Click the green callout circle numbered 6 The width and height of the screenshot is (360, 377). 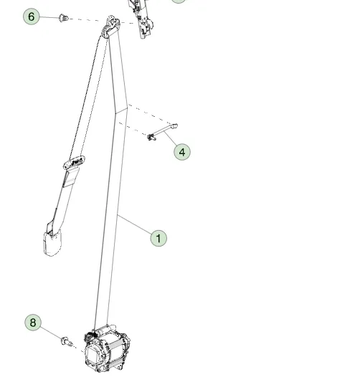click(x=32, y=16)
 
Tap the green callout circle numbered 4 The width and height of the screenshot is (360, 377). click(x=182, y=152)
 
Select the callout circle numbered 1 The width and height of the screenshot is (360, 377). click(x=158, y=238)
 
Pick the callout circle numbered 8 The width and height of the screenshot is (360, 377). click(x=33, y=323)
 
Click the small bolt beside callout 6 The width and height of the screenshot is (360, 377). click(x=64, y=18)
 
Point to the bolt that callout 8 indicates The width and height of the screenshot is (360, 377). click(x=67, y=342)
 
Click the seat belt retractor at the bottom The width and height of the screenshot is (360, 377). click(x=107, y=348)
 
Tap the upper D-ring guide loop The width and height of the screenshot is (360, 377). click(x=111, y=26)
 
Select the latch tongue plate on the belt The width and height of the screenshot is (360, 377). click(x=74, y=163)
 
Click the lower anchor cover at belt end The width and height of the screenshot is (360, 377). click(x=52, y=242)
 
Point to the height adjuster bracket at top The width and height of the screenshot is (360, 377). click(x=141, y=19)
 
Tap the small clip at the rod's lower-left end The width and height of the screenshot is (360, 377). click(x=151, y=138)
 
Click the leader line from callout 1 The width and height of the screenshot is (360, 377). click(x=135, y=224)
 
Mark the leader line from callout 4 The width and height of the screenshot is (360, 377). click(x=171, y=138)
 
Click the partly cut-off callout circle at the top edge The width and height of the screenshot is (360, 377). click(x=179, y=1)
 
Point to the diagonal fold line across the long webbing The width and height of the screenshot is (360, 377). click(x=121, y=110)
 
